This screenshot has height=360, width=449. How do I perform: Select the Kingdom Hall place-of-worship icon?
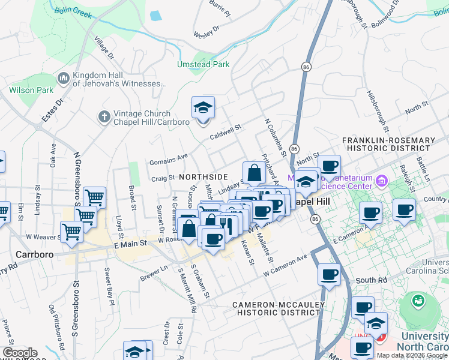click(63, 79)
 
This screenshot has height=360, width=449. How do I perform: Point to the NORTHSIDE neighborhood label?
click(203, 177)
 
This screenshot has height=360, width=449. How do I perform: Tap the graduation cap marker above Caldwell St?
click(203, 109)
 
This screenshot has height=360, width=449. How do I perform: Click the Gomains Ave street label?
click(169, 159)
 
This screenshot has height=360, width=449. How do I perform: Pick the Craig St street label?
click(162, 178)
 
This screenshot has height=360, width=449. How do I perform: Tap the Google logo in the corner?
click(20, 353)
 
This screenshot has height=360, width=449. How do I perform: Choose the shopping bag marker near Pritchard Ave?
click(254, 173)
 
